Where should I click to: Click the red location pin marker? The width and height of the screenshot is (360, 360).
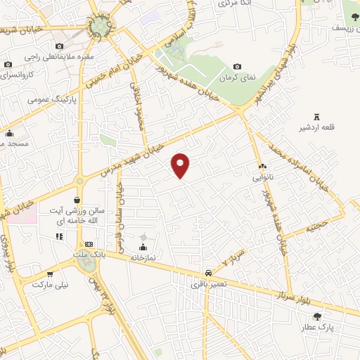pyautogui.click(x=181, y=165)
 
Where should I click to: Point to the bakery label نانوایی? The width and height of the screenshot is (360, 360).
pyautogui.click(x=267, y=178)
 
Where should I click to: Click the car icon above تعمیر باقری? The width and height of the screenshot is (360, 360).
pyautogui.click(x=208, y=273)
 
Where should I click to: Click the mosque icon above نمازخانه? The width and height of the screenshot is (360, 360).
pyautogui.click(x=143, y=247)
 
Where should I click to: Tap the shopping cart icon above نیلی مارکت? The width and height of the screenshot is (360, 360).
pyautogui.click(x=49, y=274)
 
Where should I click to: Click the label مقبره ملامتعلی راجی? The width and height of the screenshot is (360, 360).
pyautogui.click(x=49, y=56)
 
